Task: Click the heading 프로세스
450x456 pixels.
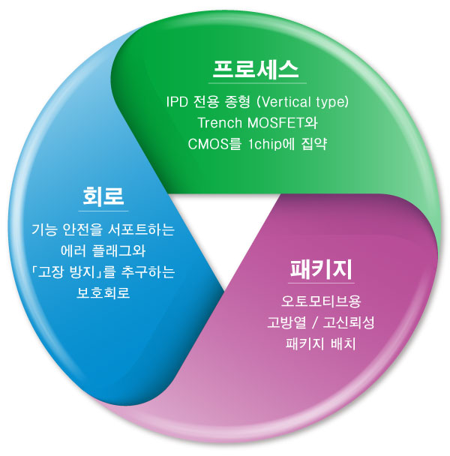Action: click(256, 69)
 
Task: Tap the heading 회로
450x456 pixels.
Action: click(103, 196)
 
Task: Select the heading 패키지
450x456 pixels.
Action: click(321, 269)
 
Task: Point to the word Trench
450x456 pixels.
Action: click(220, 123)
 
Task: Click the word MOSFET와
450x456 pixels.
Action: click(282, 123)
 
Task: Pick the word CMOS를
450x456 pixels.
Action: click(214, 144)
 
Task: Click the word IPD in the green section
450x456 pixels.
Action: click(177, 102)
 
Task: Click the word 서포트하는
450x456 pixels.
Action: click(141, 229)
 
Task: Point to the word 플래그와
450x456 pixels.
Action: click(118, 250)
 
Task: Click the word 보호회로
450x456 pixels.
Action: click(103, 292)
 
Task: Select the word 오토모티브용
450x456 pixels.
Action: click(321, 301)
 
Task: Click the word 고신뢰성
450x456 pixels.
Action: click(348, 322)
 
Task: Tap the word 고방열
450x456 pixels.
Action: click(286, 322)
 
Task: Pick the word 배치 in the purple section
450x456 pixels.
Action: click(343, 343)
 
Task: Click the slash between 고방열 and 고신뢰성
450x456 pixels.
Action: click(314, 322)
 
